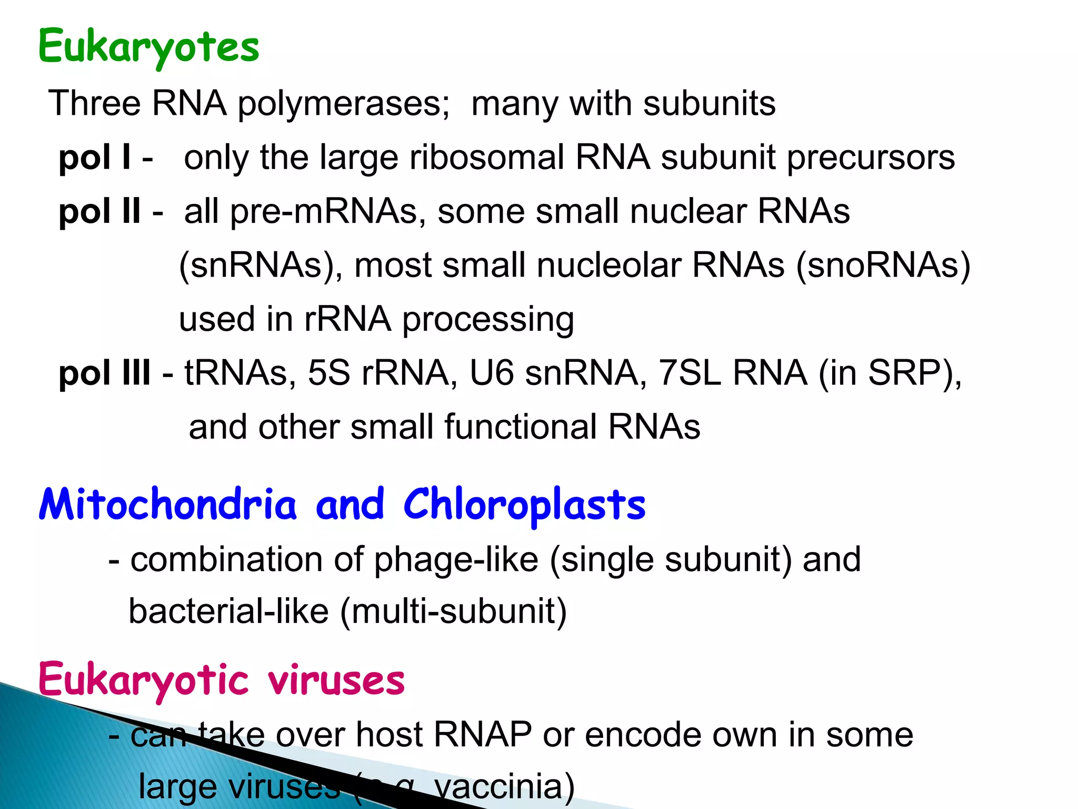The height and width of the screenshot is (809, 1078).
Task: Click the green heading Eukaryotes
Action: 149,47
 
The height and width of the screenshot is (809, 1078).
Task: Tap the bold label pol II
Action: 99,211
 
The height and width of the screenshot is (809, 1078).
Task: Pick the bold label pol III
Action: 104,373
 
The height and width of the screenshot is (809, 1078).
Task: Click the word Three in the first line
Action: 95,103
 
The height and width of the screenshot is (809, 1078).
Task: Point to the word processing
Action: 488,320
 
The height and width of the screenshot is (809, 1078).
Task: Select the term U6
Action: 491,373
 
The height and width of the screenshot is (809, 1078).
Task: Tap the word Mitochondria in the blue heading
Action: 168,504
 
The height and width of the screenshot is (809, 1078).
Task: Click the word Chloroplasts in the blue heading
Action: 524,505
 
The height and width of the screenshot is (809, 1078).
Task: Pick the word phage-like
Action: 456,559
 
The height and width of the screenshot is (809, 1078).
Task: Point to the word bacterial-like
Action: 228,611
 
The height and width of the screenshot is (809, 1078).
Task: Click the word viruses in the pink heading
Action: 336,680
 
